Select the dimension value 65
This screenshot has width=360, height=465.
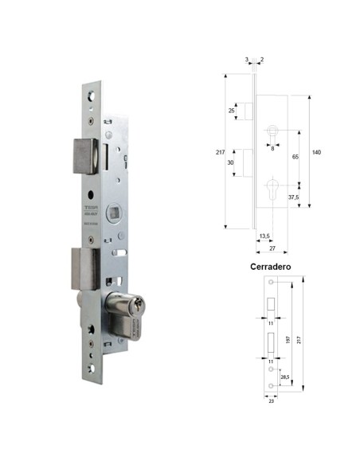pyautogui.click(x=295, y=158)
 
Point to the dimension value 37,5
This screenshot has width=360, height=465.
pyautogui.click(x=293, y=197)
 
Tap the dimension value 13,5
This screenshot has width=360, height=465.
pyautogui.click(x=264, y=236)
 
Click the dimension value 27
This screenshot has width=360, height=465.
pyautogui.click(x=272, y=248)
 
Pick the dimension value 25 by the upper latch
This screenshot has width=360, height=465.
pyautogui.click(x=231, y=110)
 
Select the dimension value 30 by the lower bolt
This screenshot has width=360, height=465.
pyautogui.click(x=231, y=162)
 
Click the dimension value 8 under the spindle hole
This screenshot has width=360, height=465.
pyautogui.click(x=272, y=147)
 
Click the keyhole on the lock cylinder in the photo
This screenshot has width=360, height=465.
pyautogui.click(x=143, y=307)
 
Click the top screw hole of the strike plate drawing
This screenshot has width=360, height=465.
pyautogui.click(x=272, y=283)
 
